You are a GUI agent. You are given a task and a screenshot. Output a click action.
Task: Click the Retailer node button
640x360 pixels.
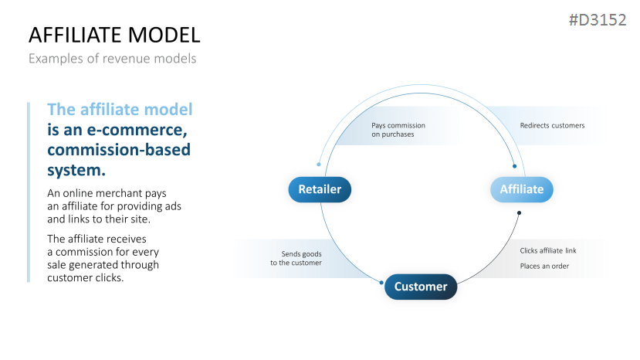click(320, 189)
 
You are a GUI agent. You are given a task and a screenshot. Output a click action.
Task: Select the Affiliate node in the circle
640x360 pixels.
click(522, 189)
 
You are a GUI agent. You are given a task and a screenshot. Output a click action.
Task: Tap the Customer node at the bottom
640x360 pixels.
click(421, 287)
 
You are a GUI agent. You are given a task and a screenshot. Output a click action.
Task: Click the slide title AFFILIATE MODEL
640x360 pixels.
click(114, 35)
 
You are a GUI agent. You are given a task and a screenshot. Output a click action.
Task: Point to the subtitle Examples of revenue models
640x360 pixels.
click(113, 58)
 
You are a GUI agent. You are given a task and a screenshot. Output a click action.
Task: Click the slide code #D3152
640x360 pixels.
click(597, 21)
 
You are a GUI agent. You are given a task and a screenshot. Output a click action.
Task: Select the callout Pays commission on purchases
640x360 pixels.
click(398, 130)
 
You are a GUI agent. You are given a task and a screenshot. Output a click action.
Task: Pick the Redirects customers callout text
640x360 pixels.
click(552, 125)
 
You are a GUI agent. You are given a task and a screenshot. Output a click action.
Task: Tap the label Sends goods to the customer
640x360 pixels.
click(296, 258)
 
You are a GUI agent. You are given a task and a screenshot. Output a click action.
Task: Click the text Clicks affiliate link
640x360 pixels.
click(547, 250)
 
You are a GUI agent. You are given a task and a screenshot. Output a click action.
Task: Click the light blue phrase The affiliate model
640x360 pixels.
click(120, 109)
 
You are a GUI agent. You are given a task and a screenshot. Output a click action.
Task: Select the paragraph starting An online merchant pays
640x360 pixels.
click(114, 205)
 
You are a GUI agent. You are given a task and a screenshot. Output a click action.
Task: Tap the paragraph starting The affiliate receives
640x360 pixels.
click(103, 258)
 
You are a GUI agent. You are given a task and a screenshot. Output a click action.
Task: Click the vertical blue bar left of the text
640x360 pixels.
click(29, 192)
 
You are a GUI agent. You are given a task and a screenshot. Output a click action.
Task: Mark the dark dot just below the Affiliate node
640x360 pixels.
click(519, 212)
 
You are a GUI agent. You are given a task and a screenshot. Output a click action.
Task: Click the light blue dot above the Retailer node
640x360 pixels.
click(319, 164)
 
